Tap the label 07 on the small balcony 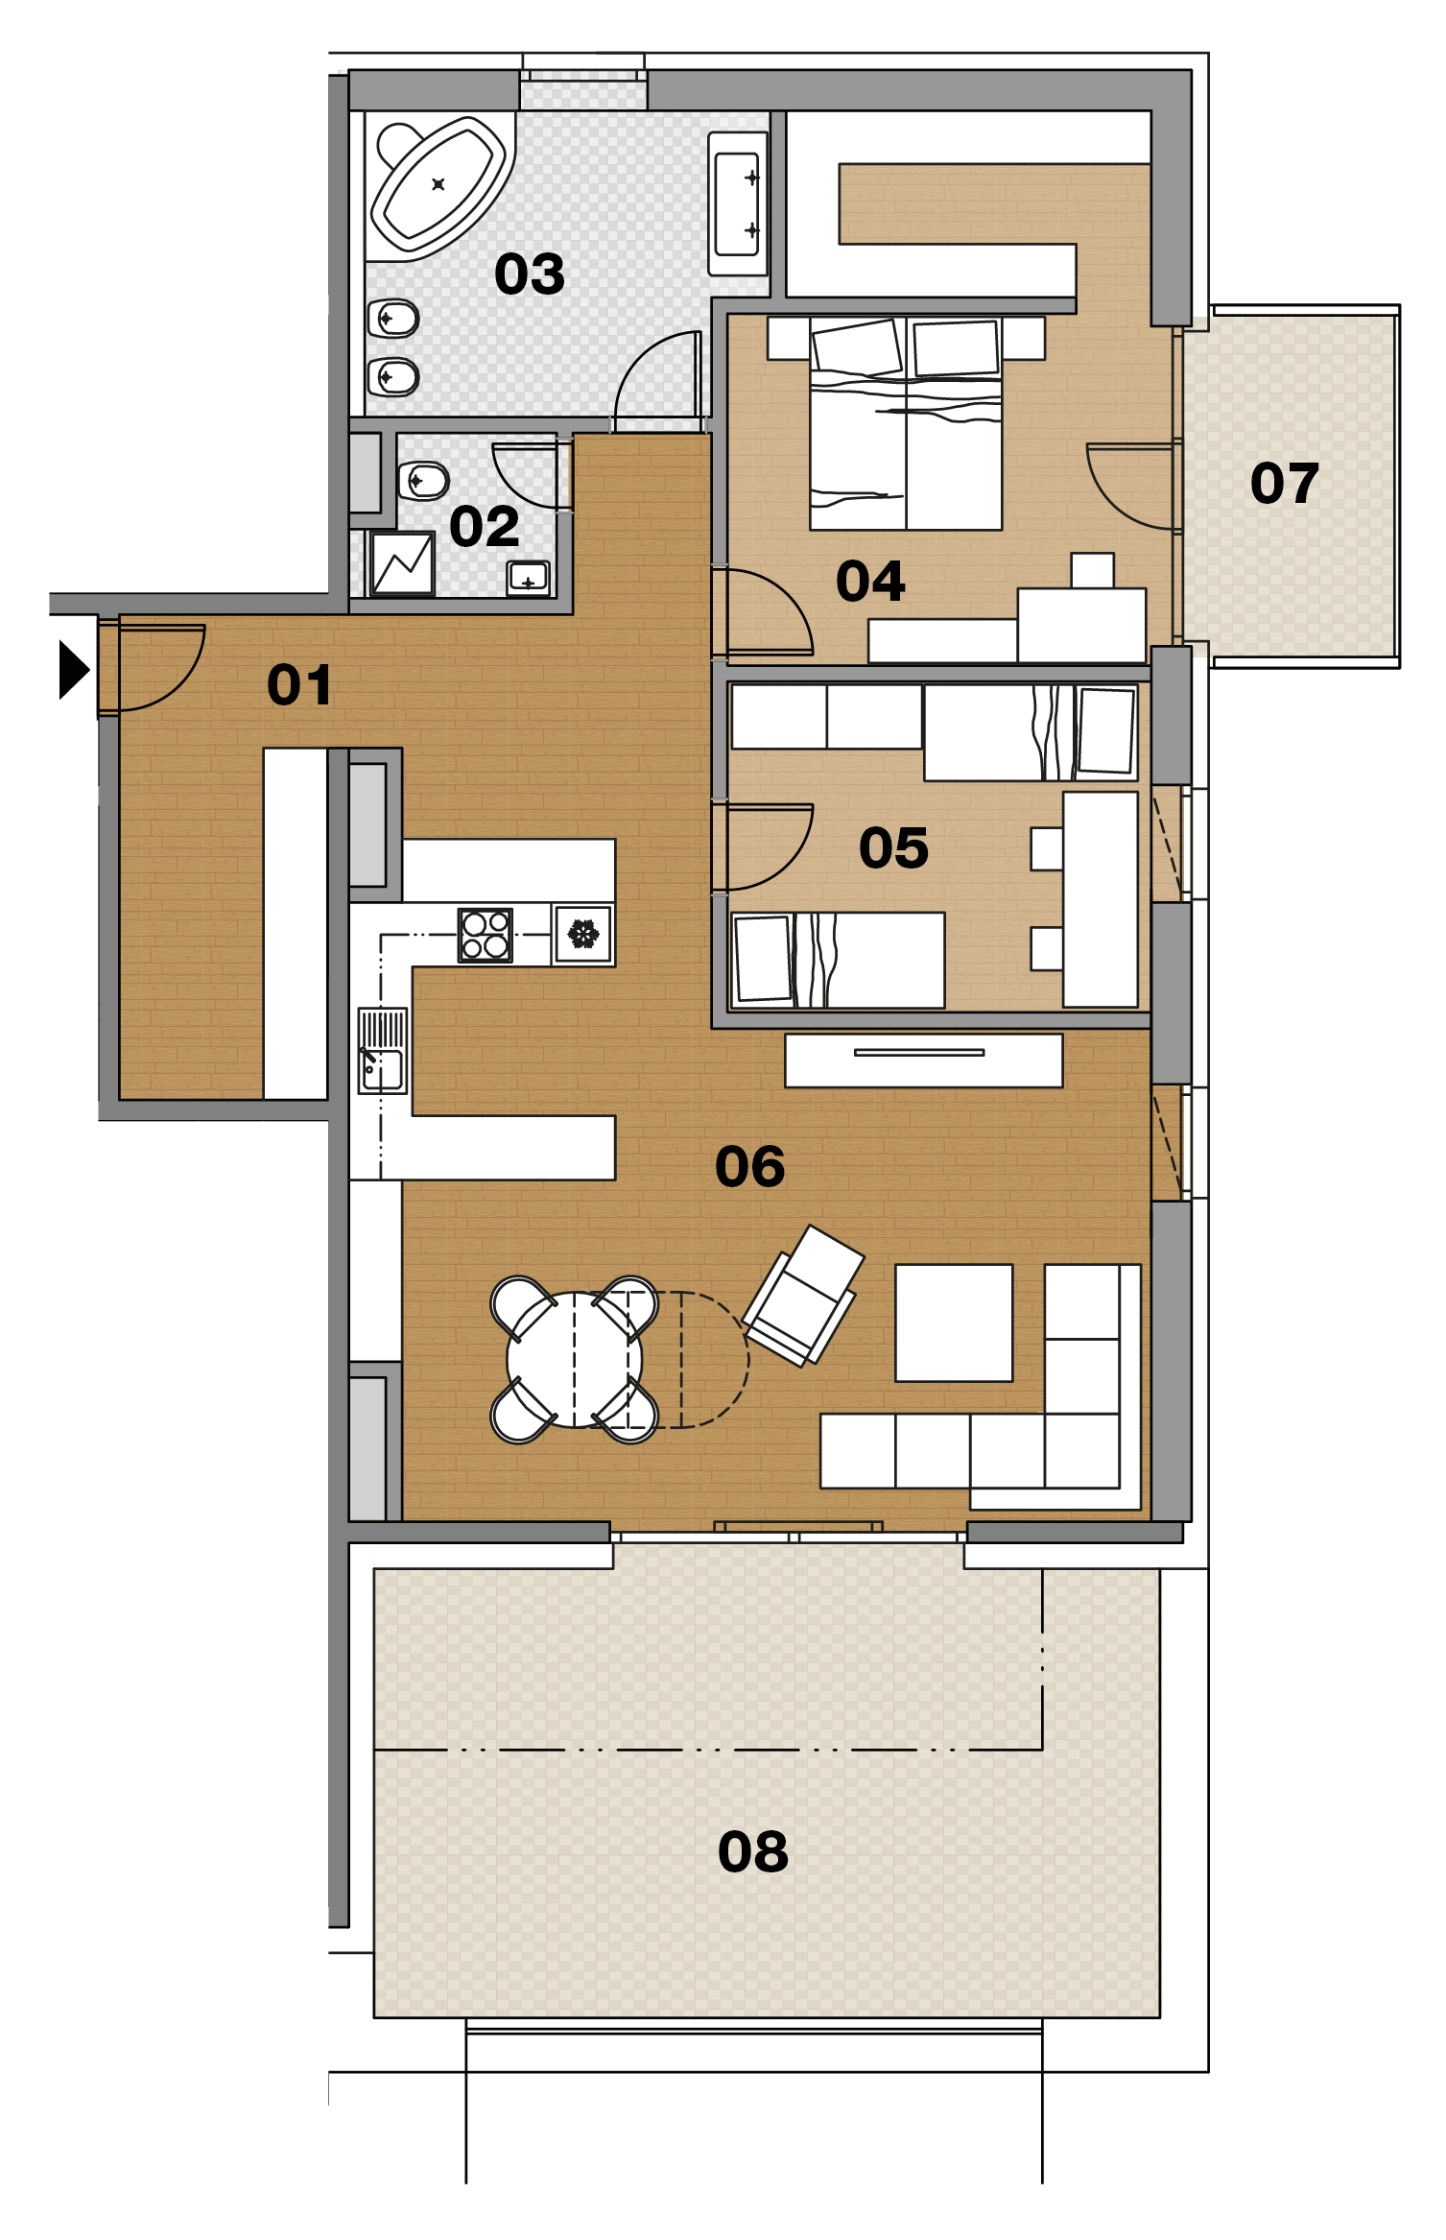pos(1285,483)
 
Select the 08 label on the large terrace pos(753,1851)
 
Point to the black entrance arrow pos(74,669)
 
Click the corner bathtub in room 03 pos(439,184)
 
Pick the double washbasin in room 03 pos(738,203)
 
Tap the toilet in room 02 pos(423,481)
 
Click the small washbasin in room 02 pos(528,578)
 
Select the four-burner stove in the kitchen pos(486,935)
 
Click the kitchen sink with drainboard pos(383,1050)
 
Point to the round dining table pos(574,1359)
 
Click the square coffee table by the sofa pos(954,1323)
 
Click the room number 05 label pos(893,848)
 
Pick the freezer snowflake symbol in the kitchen pos(583,934)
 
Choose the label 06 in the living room pos(750,1167)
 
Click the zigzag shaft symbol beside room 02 pos(402,563)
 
